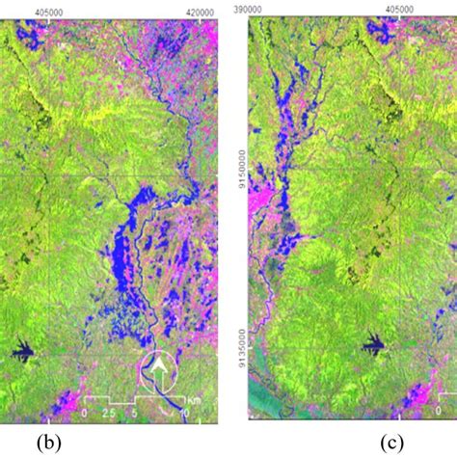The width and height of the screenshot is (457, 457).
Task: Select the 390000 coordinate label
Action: pyautogui.click(x=250, y=7)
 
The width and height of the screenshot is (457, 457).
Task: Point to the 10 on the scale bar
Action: pyautogui.click(x=186, y=413)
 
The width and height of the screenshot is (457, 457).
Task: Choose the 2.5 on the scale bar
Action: pyautogui.click(x=112, y=413)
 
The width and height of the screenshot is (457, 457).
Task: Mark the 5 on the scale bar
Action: pyautogui.click(x=137, y=413)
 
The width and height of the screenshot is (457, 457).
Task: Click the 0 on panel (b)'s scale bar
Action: pyautogui.click(x=86, y=413)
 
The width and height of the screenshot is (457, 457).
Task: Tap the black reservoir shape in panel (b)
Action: pyautogui.click(x=27, y=353)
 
